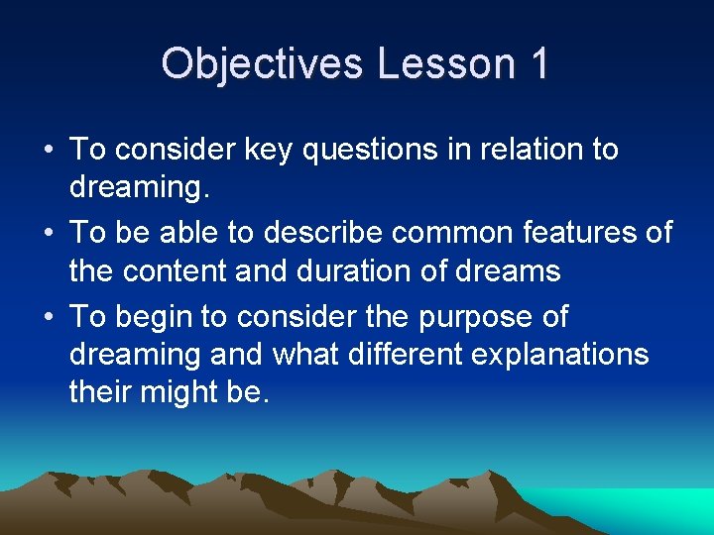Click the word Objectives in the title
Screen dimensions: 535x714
262,63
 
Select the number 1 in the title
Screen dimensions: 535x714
538,63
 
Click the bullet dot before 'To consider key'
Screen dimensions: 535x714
49,151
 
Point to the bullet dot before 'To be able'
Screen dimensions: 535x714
49,234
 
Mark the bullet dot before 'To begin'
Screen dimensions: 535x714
49,317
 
